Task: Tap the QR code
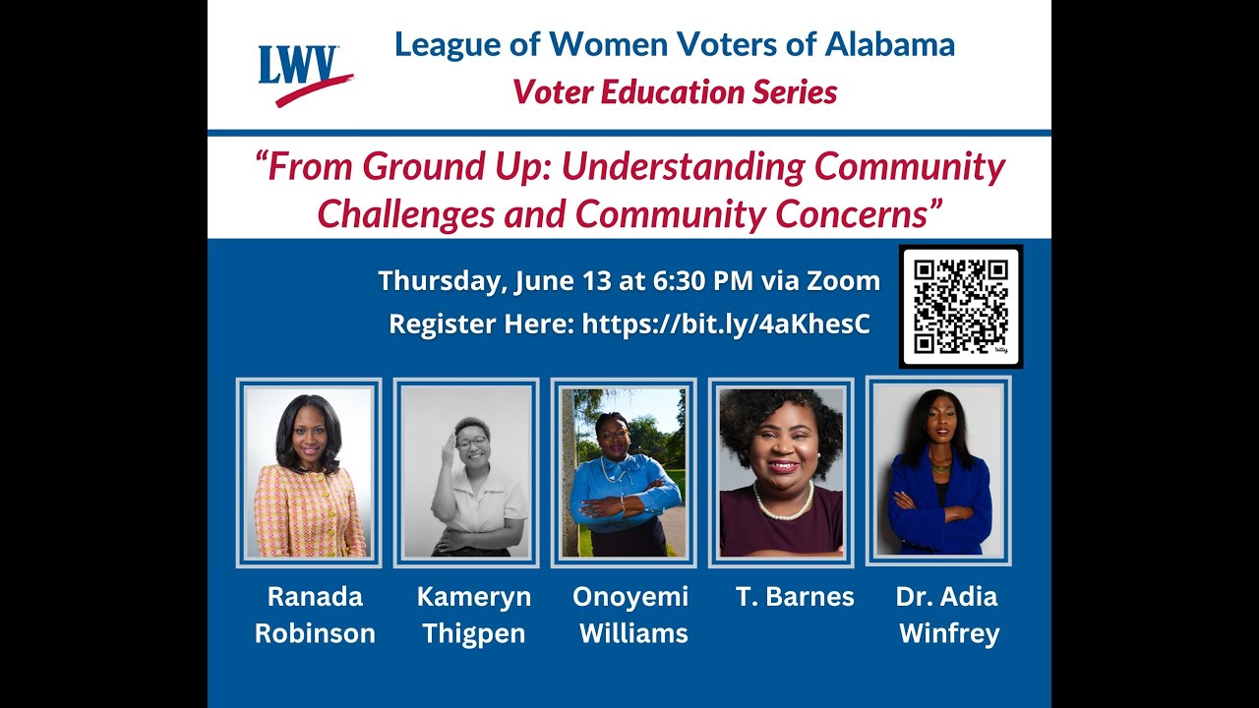pyautogui.click(x=960, y=306)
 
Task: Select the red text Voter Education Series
pyautogui.click(x=674, y=92)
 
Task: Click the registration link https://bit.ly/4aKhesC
pyautogui.click(x=726, y=324)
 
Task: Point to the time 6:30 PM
pyautogui.click(x=702, y=281)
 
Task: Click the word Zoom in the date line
pyautogui.click(x=843, y=281)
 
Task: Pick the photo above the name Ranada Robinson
pyautogui.click(x=309, y=473)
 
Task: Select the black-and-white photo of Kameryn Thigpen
pyautogui.click(x=466, y=473)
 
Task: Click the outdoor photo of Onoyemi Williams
pyautogui.click(x=624, y=473)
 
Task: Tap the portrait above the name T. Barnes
pyautogui.click(x=781, y=473)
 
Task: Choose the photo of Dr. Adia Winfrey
pyautogui.click(x=938, y=471)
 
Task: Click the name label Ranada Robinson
pyautogui.click(x=315, y=615)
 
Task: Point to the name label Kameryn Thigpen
pyautogui.click(x=473, y=615)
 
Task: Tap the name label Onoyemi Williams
pyautogui.click(x=631, y=615)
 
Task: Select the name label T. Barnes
pyautogui.click(x=795, y=596)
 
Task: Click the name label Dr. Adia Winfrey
pyautogui.click(x=947, y=615)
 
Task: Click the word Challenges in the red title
pyautogui.click(x=405, y=213)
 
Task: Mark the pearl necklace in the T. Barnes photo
pyautogui.click(x=783, y=509)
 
